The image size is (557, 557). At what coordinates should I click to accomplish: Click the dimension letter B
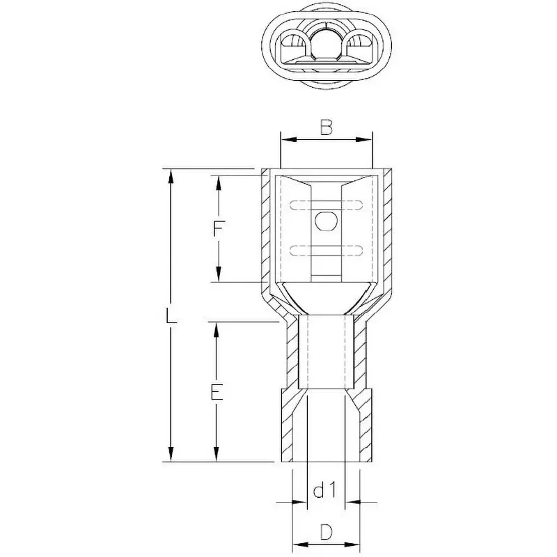(326, 127)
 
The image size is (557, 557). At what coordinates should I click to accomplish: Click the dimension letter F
(219, 229)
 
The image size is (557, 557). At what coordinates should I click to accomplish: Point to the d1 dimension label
(325, 492)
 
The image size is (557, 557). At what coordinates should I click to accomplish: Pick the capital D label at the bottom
(325, 533)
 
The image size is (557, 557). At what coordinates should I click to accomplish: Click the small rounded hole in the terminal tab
(325, 221)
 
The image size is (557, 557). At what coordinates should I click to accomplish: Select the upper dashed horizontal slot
(325, 205)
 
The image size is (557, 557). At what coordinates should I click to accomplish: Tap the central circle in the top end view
(327, 42)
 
